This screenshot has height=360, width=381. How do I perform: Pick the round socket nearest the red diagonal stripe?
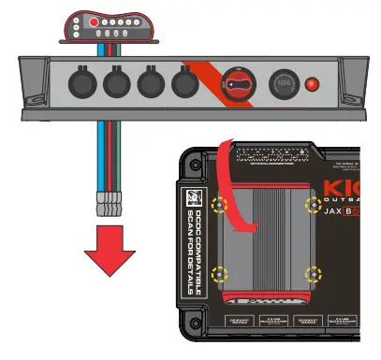183,84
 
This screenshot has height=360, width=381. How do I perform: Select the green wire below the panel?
113,150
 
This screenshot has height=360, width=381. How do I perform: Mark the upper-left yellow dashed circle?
220,204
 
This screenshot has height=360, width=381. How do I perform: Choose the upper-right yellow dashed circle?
315,204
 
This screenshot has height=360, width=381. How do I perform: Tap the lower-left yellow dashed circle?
220,274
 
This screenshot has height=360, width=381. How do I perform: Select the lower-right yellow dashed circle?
315,274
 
